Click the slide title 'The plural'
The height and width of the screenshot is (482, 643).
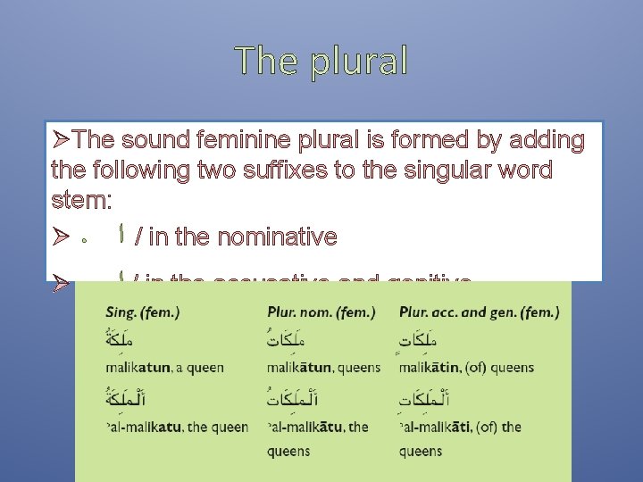pyautogui.click(x=321, y=61)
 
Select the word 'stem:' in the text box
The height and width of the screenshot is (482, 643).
pyautogui.click(x=81, y=200)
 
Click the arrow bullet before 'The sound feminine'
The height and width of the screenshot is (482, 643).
pyautogui.click(x=61, y=141)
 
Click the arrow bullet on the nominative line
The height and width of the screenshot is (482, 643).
pyautogui.click(x=60, y=237)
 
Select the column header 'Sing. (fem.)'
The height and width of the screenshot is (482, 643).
pyautogui.click(x=142, y=312)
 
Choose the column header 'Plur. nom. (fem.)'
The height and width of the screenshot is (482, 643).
pyautogui.click(x=321, y=312)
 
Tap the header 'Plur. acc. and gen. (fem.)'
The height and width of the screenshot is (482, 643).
pyautogui.click(x=480, y=312)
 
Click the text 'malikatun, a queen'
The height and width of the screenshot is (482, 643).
pyautogui.click(x=164, y=367)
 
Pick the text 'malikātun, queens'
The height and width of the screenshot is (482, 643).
pyautogui.click(x=324, y=367)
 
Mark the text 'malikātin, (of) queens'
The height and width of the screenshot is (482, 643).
pyautogui.click(x=466, y=367)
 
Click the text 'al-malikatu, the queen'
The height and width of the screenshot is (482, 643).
pyautogui.click(x=177, y=427)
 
